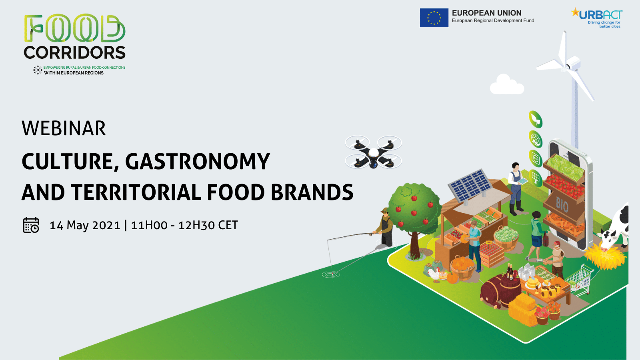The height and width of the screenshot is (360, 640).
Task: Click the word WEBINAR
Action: [64, 128]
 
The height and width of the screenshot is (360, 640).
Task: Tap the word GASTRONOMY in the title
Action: [198, 162]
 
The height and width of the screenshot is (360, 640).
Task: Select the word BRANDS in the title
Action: [312, 192]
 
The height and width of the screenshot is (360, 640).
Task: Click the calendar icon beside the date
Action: [31, 225]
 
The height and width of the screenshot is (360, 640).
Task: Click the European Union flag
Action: [434, 18]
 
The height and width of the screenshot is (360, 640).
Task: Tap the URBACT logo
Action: [597, 18]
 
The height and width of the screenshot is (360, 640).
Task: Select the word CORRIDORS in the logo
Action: [74, 52]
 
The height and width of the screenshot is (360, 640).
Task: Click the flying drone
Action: [373, 152]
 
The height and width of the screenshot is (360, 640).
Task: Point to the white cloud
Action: [506, 84]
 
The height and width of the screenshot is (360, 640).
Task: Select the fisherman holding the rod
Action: [385, 227]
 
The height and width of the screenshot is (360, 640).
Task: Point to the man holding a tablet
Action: [516, 189]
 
